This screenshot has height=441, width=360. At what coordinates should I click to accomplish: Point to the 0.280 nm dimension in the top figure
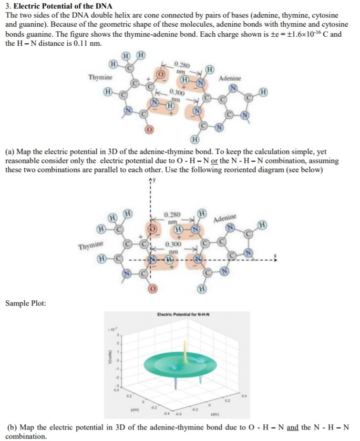point(182,67)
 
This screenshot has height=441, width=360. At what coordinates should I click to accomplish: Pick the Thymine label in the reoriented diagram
point(90,246)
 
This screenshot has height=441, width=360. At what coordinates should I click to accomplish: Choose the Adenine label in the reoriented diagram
point(225,220)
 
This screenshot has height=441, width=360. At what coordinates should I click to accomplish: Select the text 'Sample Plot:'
point(26,302)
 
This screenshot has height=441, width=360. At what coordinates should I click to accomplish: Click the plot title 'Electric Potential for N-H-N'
point(183,314)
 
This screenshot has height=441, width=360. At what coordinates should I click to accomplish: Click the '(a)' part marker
point(10,152)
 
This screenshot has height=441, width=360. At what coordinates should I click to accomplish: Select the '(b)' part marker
point(10,428)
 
